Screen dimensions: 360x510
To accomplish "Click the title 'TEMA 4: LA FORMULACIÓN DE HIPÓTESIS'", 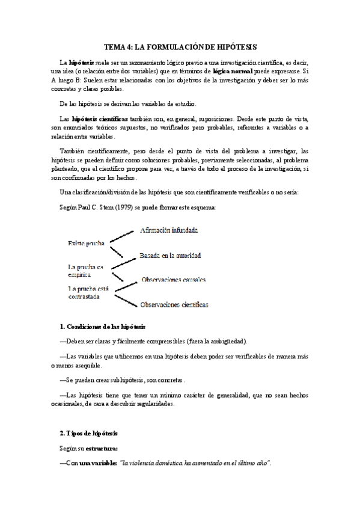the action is pyautogui.click(x=180, y=46).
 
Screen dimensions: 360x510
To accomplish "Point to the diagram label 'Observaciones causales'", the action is pyautogui.click(x=174, y=280).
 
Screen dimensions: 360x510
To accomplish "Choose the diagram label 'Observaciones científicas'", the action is pyautogui.click(x=174, y=305).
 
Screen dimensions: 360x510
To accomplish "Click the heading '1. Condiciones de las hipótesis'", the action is pyautogui.click(x=103, y=327).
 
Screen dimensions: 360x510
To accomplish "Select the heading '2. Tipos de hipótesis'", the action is pyautogui.click(x=89, y=433).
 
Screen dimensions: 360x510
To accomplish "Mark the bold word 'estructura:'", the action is pyautogui.click(x=102, y=448).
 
